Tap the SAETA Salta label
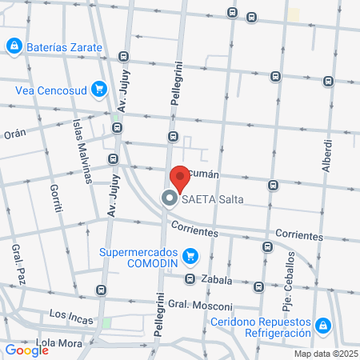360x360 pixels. tap(212, 199)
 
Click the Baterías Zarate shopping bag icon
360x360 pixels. tap(14, 47)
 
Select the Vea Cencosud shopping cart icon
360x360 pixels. tap(98, 89)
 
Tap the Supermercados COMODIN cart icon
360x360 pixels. tap(190, 256)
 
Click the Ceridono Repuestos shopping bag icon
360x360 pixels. tap(322, 326)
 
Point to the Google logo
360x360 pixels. tap(26, 350)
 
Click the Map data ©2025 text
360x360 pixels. tap(326, 354)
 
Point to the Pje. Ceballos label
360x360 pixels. tap(287, 297)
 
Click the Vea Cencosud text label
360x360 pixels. tap(50, 90)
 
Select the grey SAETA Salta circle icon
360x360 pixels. tap(170, 198)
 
